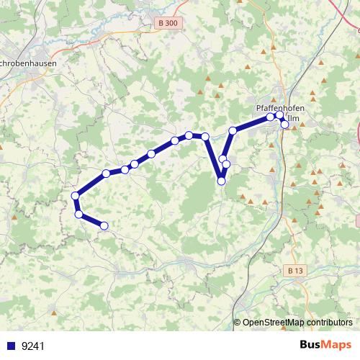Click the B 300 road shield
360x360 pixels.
tap(166, 23)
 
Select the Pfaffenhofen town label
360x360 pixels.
tap(280, 108)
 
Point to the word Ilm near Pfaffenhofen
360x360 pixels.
tap(293, 118)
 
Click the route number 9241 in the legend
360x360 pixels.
tap(33, 346)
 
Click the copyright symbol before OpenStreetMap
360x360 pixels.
tap(238, 323)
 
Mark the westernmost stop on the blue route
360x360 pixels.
tap(75, 196)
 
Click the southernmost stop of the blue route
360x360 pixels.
tap(104, 225)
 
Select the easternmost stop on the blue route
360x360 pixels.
tap(284, 125)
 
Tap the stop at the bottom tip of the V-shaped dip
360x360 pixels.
tap(221, 181)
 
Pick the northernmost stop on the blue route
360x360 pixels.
tap(280, 114)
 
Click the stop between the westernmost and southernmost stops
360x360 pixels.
tap(78, 213)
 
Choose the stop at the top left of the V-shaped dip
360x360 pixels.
tap(205, 136)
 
